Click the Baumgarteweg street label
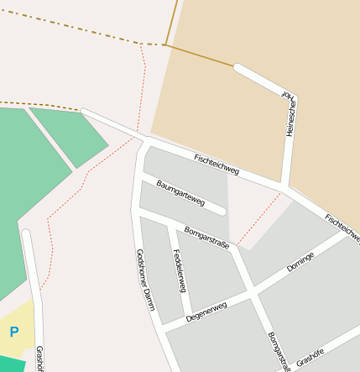(180, 192)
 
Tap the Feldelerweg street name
(178, 270)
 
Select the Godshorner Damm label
(144, 279)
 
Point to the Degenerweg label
(206, 312)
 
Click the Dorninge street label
(300, 260)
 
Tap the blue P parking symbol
(13, 333)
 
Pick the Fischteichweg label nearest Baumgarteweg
(217, 164)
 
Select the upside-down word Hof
(285, 92)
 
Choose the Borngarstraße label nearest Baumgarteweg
(206, 235)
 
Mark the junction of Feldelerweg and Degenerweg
(190, 317)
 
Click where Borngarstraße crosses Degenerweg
(252, 293)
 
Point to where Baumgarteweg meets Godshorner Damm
(141, 178)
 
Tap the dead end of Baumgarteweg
(222, 211)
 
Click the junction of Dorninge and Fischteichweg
(347, 233)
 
